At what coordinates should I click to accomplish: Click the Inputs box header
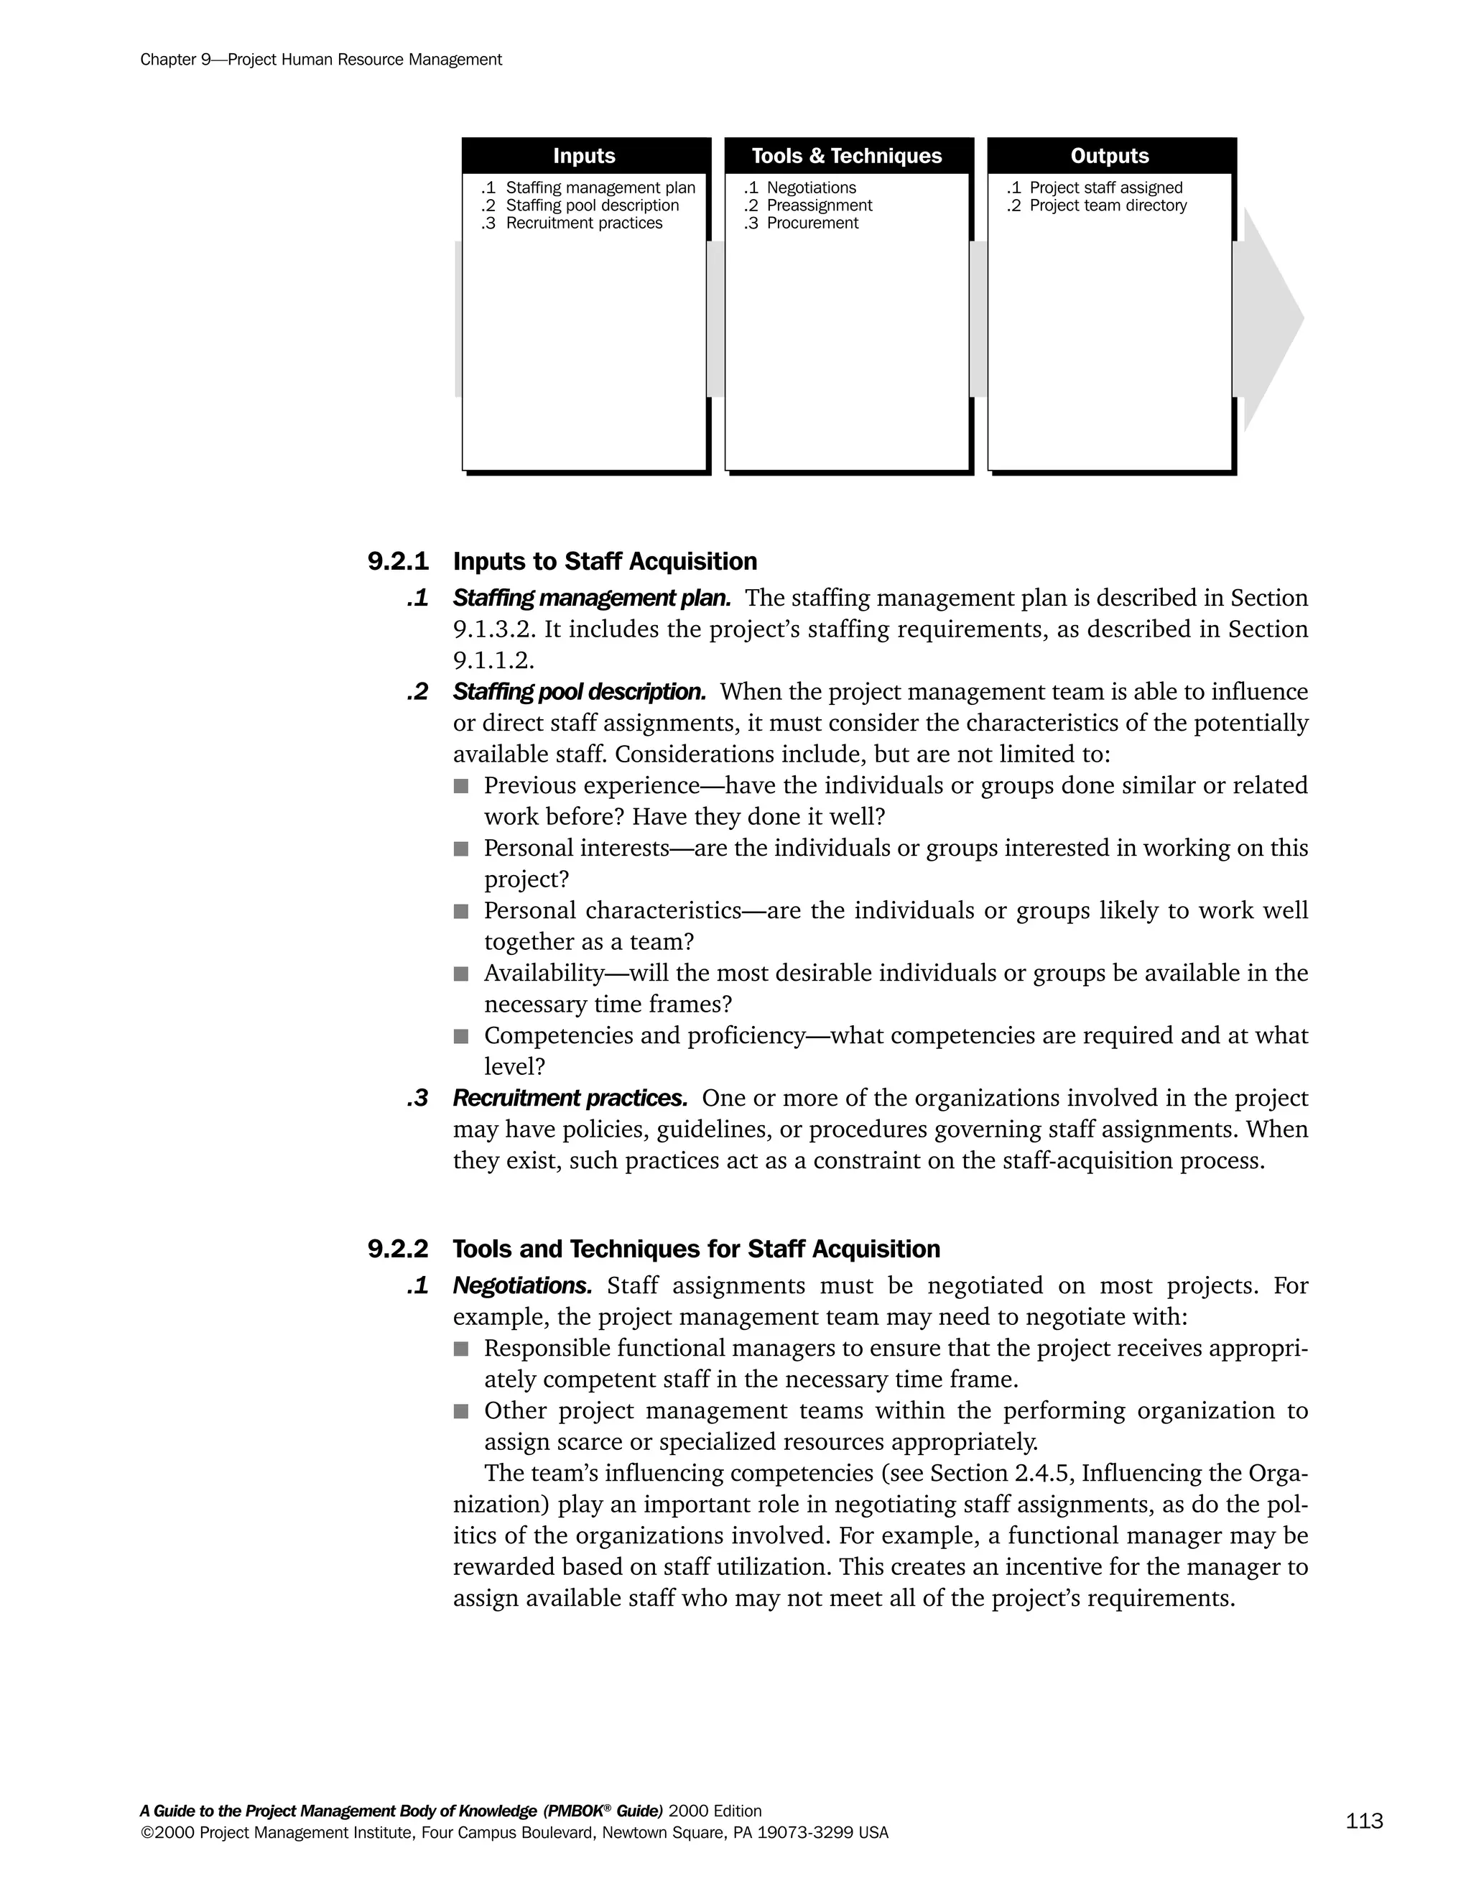(584, 156)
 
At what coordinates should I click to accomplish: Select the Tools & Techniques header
(846, 156)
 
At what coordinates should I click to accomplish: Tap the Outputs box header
(1109, 156)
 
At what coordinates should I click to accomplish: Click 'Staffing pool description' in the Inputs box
(592, 205)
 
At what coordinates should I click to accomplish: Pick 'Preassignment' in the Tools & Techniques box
(818, 205)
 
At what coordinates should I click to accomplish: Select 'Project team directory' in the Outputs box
(1108, 205)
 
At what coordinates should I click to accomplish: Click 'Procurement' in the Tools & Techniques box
(812, 223)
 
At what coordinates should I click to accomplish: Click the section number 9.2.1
(398, 561)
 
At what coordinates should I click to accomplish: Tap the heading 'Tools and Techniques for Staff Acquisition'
(695, 1249)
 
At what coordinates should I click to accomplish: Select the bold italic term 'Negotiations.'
(522, 1286)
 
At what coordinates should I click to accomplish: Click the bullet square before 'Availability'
(461, 974)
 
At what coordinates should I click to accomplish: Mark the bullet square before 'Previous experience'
(461, 786)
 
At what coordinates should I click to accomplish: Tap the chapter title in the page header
(320, 60)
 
